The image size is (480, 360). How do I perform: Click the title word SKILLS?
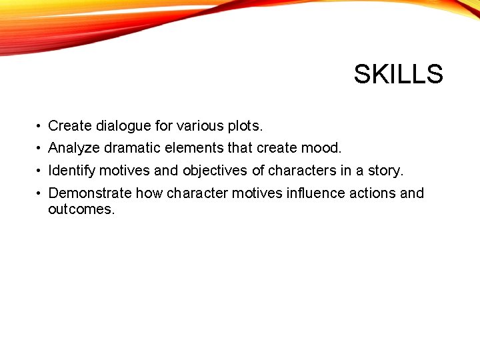pyautogui.click(x=398, y=74)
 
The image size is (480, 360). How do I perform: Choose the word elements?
pyautogui.click(x=194, y=148)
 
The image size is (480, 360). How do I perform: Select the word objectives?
pyautogui.click(x=215, y=171)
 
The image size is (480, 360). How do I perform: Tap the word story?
pyautogui.click(x=385, y=171)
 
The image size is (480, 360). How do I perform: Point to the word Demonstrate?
pyautogui.click(x=90, y=193)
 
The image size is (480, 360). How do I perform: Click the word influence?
pyautogui.click(x=314, y=193)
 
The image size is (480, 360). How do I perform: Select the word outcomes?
pyautogui.click(x=81, y=209)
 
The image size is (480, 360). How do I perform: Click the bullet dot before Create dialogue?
pyautogui.click(x=40, y=126)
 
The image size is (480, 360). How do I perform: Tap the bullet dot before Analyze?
pyautogui.click(x=40, y=149)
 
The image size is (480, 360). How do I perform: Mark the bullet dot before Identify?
pyautogui.click(x=40, y=171)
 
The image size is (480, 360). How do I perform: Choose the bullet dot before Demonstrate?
pyautogui.click(x=40, y=194)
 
